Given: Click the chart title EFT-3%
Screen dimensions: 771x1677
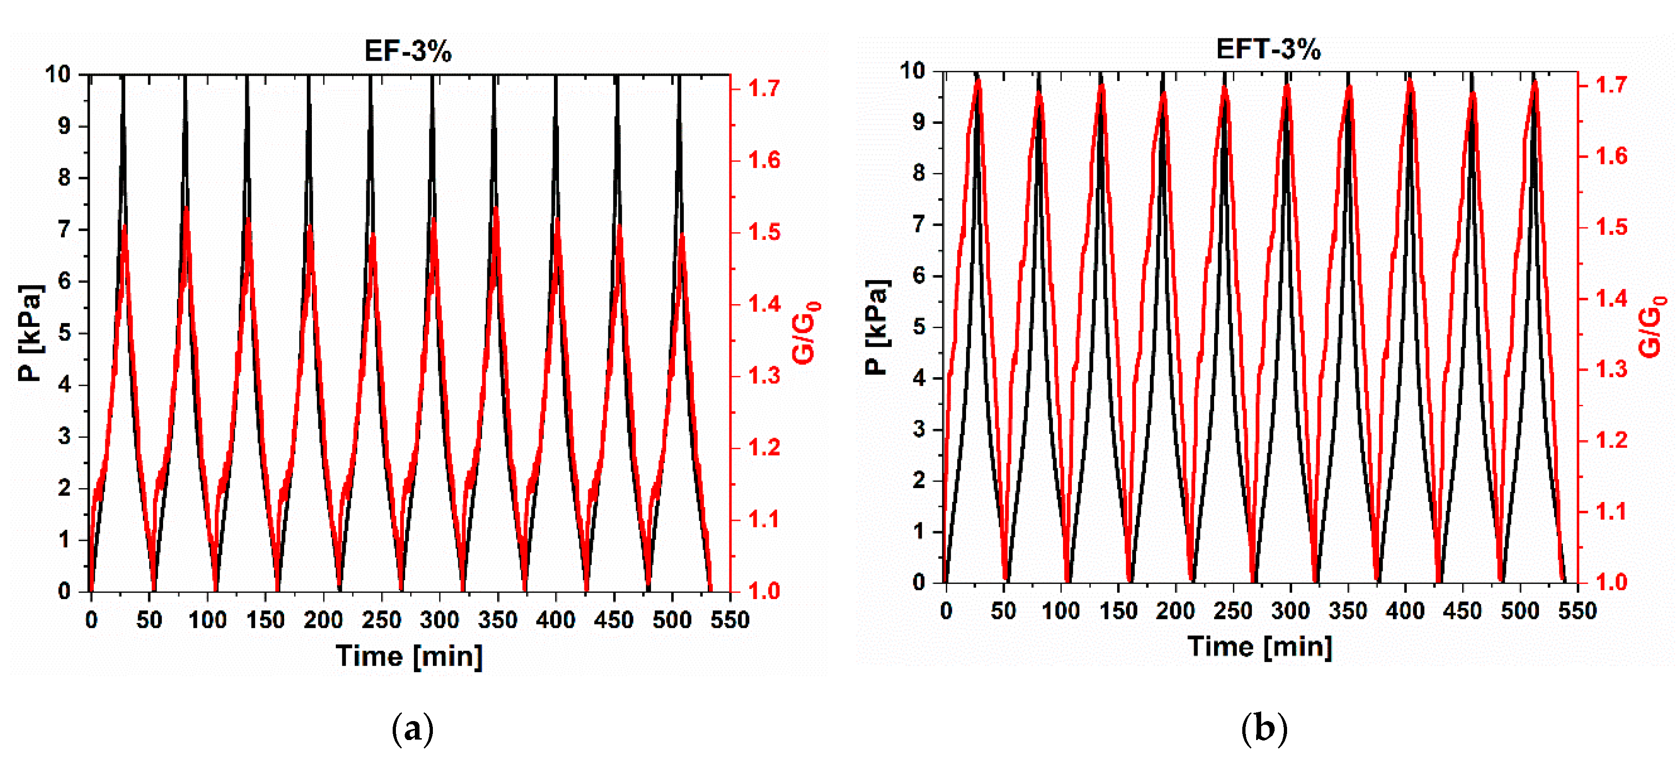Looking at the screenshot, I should pyautogui.click(x=1268, y=49).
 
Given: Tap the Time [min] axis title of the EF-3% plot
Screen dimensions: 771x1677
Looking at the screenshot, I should pyautogui.click(x=409, y=656).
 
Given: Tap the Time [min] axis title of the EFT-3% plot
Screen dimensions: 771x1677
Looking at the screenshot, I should pyautogui.click(x=1260, y=647).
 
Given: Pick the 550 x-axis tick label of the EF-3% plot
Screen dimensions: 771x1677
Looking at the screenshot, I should pyautogui.click(x=730, y=620).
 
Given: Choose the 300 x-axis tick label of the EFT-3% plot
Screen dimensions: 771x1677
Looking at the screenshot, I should pyautogui.click(x=1290, y=611).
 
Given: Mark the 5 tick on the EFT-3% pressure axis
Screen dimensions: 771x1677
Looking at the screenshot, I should pyautogui.click(x=918, y=326).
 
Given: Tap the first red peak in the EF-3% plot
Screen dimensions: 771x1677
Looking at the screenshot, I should pyautogui.click(x=124, y=226).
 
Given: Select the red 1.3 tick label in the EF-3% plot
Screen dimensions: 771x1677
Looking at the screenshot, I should pyautogui.click(x=764, y=376).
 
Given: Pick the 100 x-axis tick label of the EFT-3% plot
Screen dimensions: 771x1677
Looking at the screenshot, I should pyautogui.click(x=1061, y=611).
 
